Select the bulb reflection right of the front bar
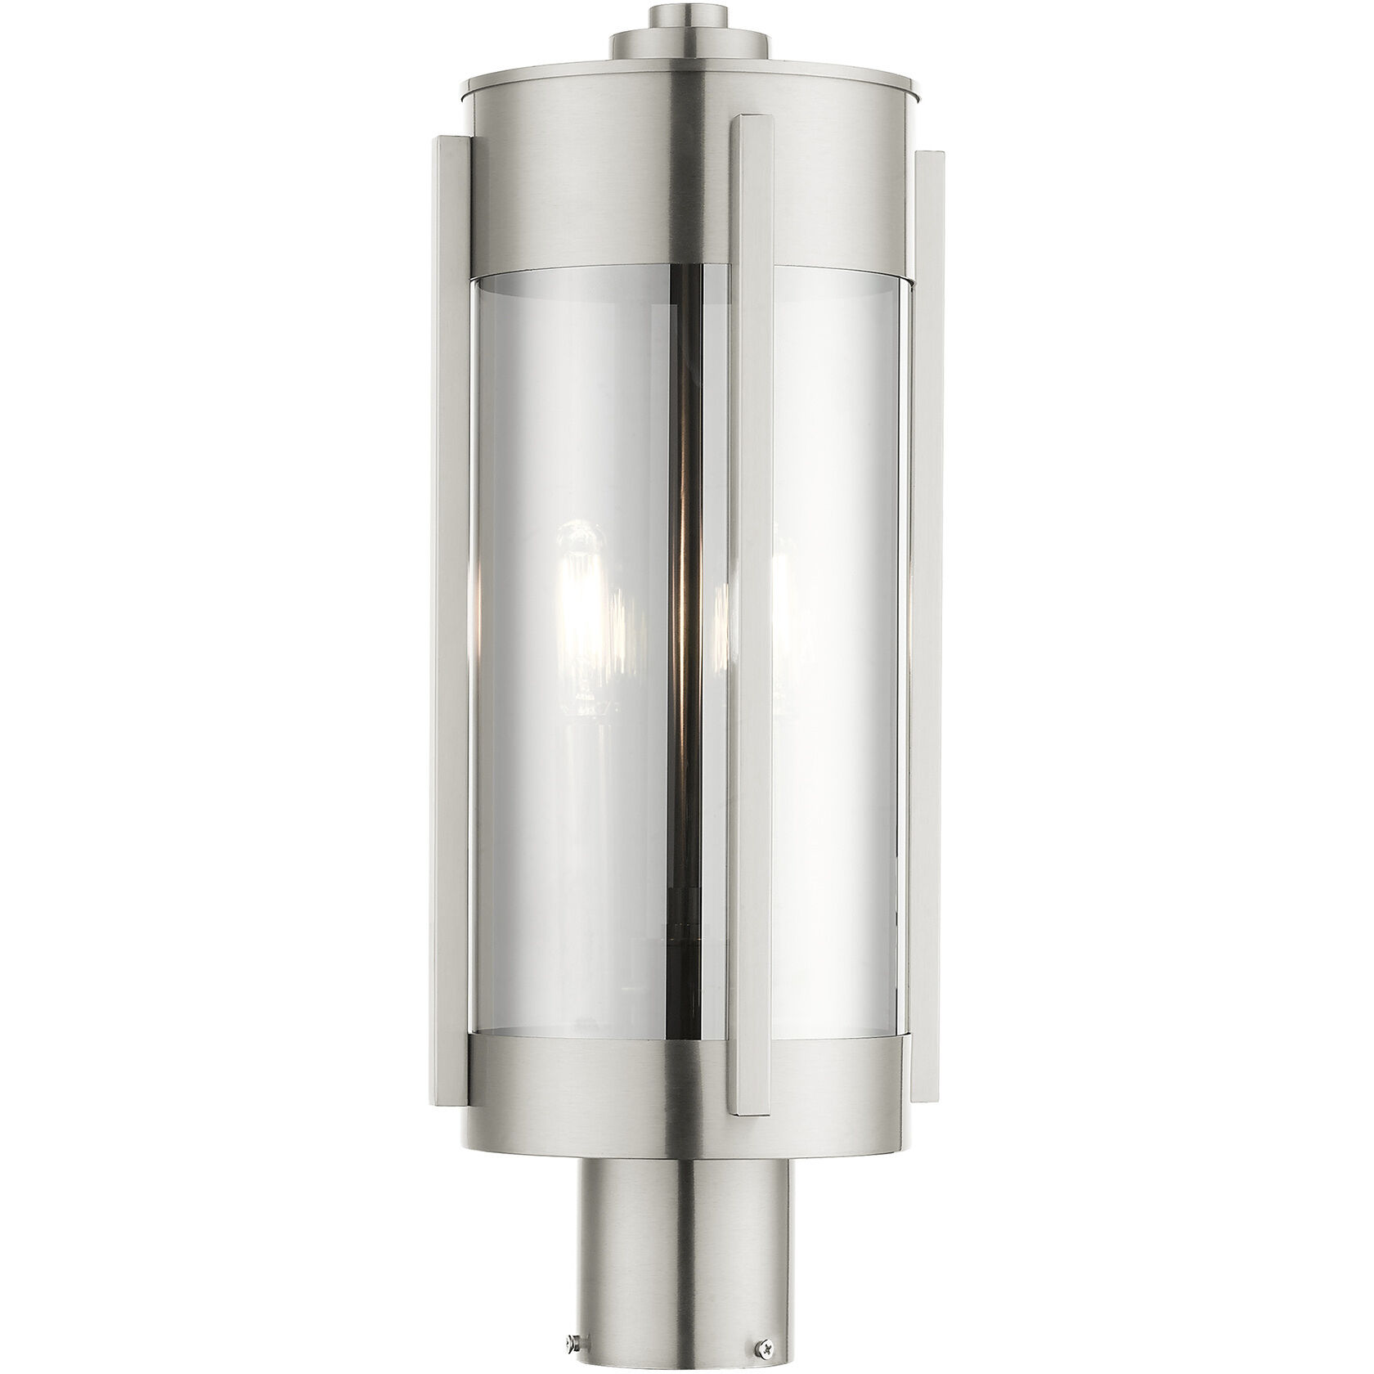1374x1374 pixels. pos(781,605)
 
